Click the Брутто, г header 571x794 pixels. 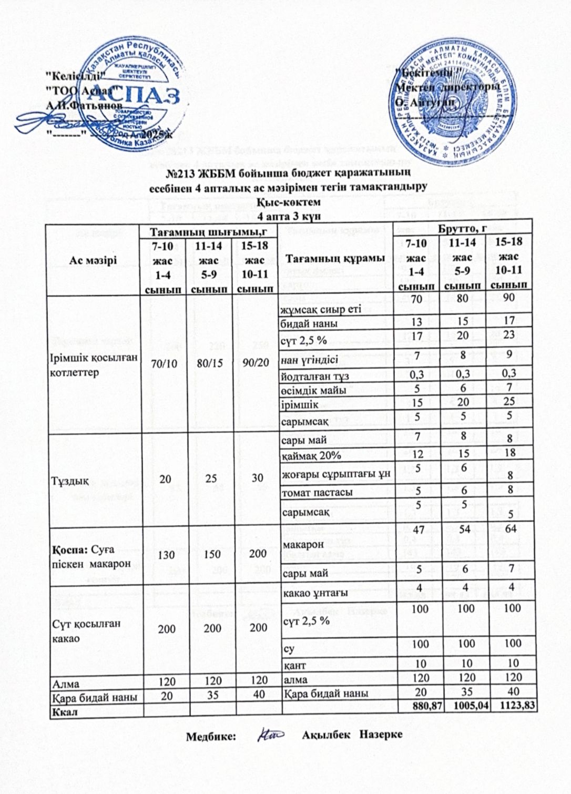pyautogui.click(x=465, y=229)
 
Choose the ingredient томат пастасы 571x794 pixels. pyautogui.click(x=317, y=493)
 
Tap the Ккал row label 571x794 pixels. pyautogui.click(x=64, y=712)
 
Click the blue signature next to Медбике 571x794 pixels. pyautogui.click(x=271, y=734)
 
